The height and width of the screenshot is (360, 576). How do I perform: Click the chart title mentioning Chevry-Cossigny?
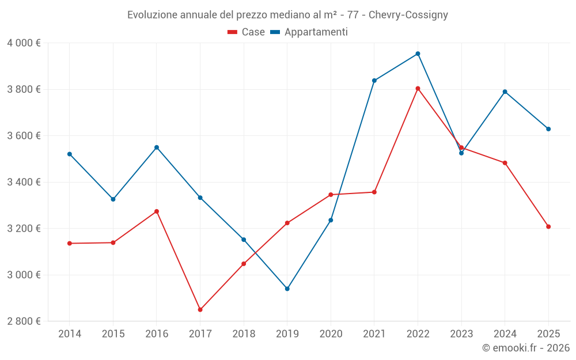point(287,14)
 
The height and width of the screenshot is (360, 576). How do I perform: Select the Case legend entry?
point(247,32)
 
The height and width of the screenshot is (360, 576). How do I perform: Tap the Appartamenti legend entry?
point(309,32)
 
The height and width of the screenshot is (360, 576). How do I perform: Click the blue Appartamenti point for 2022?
point(418,54)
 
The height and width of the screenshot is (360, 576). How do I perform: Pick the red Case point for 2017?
point(200,310)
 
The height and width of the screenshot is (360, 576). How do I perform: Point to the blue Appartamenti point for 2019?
point(287,289)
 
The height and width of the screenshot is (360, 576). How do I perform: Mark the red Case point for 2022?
point(418,89)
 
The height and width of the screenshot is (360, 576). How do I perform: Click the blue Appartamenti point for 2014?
point(70,154)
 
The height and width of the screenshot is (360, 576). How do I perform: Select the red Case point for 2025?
point(548,226)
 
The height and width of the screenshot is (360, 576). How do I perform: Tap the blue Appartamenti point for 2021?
point(374,81)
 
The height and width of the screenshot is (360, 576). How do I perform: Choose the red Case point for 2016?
point(157,211)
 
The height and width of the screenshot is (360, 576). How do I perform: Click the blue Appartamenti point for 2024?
point(505,92)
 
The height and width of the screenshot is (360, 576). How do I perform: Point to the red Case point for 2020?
point(331,195)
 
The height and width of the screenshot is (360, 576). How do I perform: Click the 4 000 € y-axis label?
point(24,43)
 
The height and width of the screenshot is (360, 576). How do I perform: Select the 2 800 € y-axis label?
point(24,321)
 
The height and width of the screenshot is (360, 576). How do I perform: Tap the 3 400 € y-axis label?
point(24,182)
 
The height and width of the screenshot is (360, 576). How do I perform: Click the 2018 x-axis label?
point(244,334)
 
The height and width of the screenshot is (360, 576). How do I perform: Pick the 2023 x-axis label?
point(461,334)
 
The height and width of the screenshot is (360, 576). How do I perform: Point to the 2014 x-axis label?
point(70,334)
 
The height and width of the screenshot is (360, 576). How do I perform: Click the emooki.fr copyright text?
point(525,348)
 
